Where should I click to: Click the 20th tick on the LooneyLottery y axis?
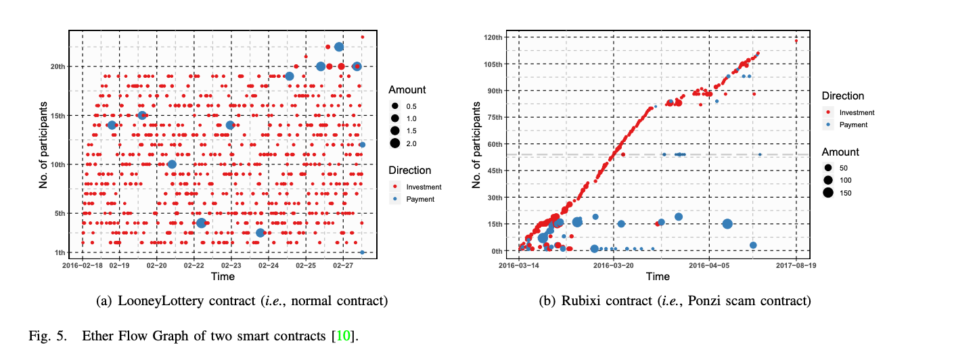[58, 66]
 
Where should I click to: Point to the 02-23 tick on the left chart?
[231, 266]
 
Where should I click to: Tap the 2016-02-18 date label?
[82, 266]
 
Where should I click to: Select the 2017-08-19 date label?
[796, 266]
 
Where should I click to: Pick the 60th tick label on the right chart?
[496, 144]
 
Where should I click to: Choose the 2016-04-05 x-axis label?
[709, 266]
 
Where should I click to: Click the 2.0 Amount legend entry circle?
[394, 143]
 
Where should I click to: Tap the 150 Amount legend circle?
[828, 193]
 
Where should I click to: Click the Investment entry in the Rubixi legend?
[857, 112]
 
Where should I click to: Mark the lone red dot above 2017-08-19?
[796, 41]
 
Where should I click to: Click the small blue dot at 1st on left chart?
[363, 252]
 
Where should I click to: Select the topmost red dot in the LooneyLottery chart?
[363, 37]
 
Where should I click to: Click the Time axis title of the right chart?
[657, 277]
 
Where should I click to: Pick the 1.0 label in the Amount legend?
[411, 119]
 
